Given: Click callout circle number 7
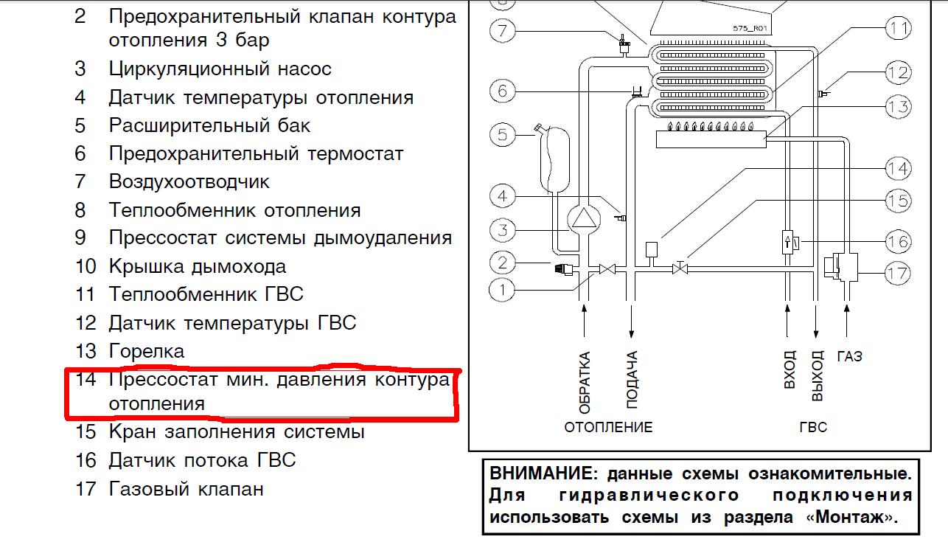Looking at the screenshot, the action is click(502, 30).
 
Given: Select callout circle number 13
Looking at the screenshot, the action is click(899, 106).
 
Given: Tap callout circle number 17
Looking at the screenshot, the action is click(898, 274).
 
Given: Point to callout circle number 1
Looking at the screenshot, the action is click(502, 290).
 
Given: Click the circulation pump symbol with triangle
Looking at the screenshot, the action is click(584, 219).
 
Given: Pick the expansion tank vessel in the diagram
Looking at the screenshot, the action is click(555, 160).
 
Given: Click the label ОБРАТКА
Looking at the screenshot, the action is click(585, 383).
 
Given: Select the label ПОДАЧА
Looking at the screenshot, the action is click(632, 379).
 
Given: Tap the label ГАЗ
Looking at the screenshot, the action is click(849, 356).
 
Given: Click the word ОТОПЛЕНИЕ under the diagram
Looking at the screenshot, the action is click(608, 427).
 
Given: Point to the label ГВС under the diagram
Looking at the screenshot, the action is click(813, 427).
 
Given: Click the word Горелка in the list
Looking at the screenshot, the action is click(147, 352).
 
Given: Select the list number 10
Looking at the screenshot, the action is click(86, 267).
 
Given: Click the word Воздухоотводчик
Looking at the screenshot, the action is click(189, 182).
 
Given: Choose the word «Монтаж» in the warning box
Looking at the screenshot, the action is click(852, 517).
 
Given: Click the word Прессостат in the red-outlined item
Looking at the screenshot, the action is click(163, 379).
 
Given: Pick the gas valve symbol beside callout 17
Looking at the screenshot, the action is click(841, 267).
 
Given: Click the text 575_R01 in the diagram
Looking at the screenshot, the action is click(750, 28).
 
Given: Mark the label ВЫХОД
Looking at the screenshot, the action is click(818, 375).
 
